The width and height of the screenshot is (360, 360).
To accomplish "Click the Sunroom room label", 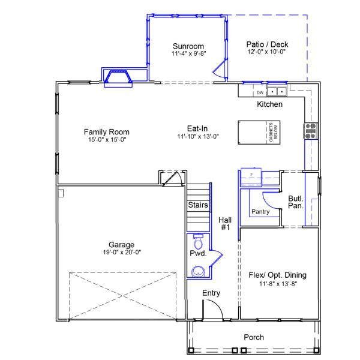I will click(x=188, y=46).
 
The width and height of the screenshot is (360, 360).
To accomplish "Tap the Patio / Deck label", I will click(x=267, y=44).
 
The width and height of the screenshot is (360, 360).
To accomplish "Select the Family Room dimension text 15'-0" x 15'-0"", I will click(x=106, y=140).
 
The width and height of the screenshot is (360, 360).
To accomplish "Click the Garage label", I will click(x=121, y=244).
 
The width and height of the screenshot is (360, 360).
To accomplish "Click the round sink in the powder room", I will click(x=198, y=272).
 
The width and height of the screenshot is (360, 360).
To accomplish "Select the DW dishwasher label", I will click(x=260, y=92).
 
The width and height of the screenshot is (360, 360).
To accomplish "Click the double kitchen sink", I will click(x=277, y=92).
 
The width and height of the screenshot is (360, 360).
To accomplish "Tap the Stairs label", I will click(x=198, y=205).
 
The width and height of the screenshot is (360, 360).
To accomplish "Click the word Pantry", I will click(x=260, y=211).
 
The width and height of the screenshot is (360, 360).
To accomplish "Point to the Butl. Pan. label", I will click(x=295, y=202).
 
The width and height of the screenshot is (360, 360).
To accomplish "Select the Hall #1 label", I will click(x=226, y=224).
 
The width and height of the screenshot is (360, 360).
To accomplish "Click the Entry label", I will click(x=211, y=293).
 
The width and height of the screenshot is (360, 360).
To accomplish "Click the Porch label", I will click(x=254, y=337).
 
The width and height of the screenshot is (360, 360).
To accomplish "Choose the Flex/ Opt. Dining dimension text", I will click(x=277, y=283).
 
